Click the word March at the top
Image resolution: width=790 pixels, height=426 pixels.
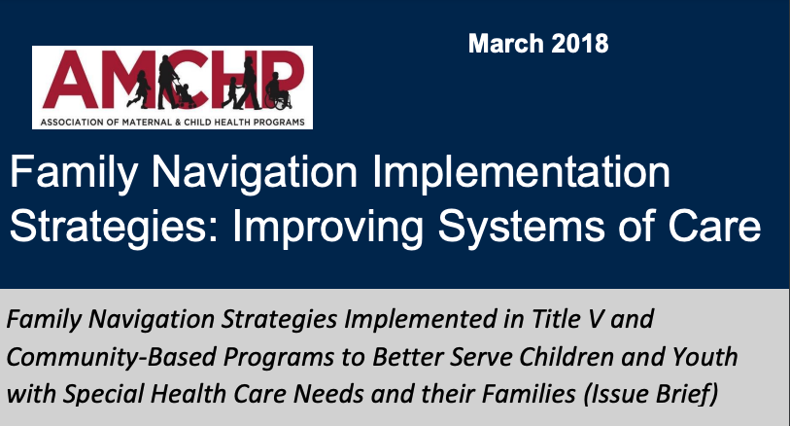(503, 44)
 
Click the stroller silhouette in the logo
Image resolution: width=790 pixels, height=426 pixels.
(184, 95)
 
